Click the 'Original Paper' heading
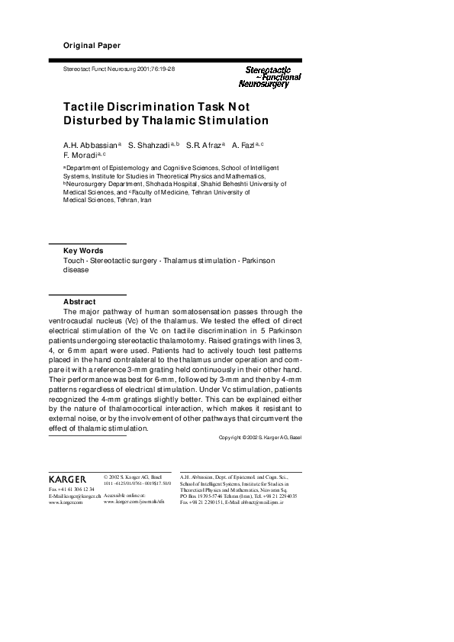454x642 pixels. click(x=92, y=46)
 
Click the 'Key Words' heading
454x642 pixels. click(x=83, y=250)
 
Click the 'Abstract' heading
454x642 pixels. click(x=79, y=301)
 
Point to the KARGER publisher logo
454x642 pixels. click(x=66, y=479)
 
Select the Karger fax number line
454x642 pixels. click(x=72, y=489)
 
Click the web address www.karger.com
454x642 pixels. click(x=66, y=504)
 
